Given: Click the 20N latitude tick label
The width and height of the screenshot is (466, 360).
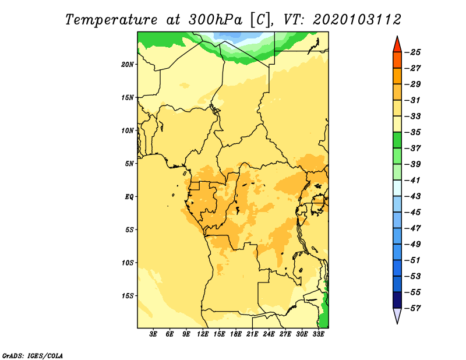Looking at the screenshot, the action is point(128,65).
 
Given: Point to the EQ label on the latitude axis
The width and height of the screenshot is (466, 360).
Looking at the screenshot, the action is point(129,197).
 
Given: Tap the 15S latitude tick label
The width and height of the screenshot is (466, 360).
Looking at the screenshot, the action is point(128,296).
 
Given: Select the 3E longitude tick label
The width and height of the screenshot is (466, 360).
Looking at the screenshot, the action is point(153,334).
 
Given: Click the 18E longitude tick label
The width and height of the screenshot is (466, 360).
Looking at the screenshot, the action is point(236,334).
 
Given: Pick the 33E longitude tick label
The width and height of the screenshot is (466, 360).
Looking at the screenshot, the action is point(318,334).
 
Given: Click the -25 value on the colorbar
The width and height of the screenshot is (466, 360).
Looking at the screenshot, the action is point(413,52).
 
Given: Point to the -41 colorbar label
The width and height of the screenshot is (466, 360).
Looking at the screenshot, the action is point(413,181).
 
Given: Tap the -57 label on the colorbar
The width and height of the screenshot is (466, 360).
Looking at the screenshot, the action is point(413,308).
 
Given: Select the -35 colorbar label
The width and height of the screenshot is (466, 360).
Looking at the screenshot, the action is point(413,132).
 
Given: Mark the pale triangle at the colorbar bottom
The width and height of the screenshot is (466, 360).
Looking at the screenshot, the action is point(397,316).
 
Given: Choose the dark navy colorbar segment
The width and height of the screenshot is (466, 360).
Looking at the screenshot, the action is point(397,300).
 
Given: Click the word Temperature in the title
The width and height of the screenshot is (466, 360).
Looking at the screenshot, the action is point(111,20).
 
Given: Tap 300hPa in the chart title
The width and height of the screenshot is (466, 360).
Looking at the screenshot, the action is point(215,20).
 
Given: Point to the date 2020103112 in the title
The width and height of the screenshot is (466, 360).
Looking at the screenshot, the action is point(357,20).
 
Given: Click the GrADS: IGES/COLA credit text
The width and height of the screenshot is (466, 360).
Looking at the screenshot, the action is point(33,355).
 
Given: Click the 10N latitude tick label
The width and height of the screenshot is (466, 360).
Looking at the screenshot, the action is point(128,130).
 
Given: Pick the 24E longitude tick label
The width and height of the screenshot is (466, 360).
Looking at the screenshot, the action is point(269,334).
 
